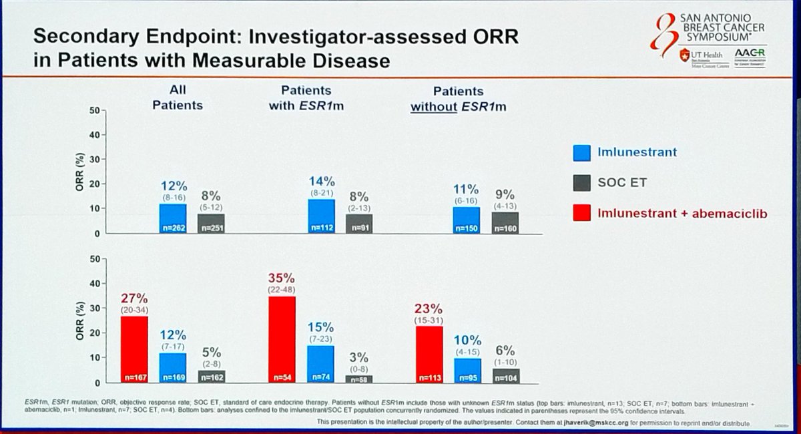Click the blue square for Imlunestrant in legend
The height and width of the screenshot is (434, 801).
581,154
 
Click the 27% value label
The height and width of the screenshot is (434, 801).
133,296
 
